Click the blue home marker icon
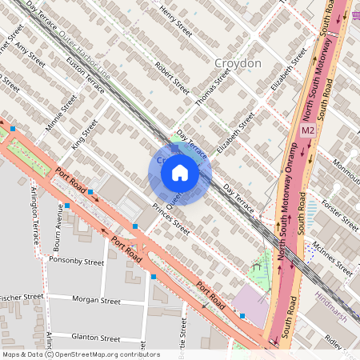[179, 173]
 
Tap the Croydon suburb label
[238, 63]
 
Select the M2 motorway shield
[308, 130]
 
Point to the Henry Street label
[177, 22]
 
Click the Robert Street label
[171, 78]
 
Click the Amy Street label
[30, 58]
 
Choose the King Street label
[84, 133]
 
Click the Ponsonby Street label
[77, 262]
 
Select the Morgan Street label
[96, 301]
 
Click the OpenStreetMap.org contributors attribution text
[104, 354]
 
